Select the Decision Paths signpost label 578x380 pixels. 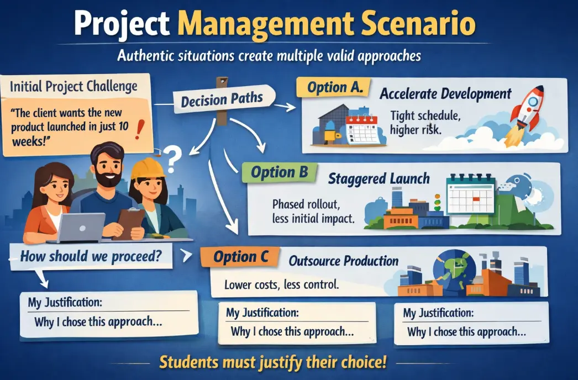[222, 99]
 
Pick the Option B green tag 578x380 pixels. [280, 172]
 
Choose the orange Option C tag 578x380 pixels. [240, 257]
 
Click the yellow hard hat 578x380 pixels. [148, 168]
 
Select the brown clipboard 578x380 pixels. [129, 223]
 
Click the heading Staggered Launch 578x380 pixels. [379, 179]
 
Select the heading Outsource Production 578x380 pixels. [344, 261]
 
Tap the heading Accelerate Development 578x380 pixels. [445, 93]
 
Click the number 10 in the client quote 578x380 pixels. [123, 126]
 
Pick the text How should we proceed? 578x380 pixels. [91, 256]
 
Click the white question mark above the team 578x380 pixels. [172, 159]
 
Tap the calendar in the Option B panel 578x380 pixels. [471, 195]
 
